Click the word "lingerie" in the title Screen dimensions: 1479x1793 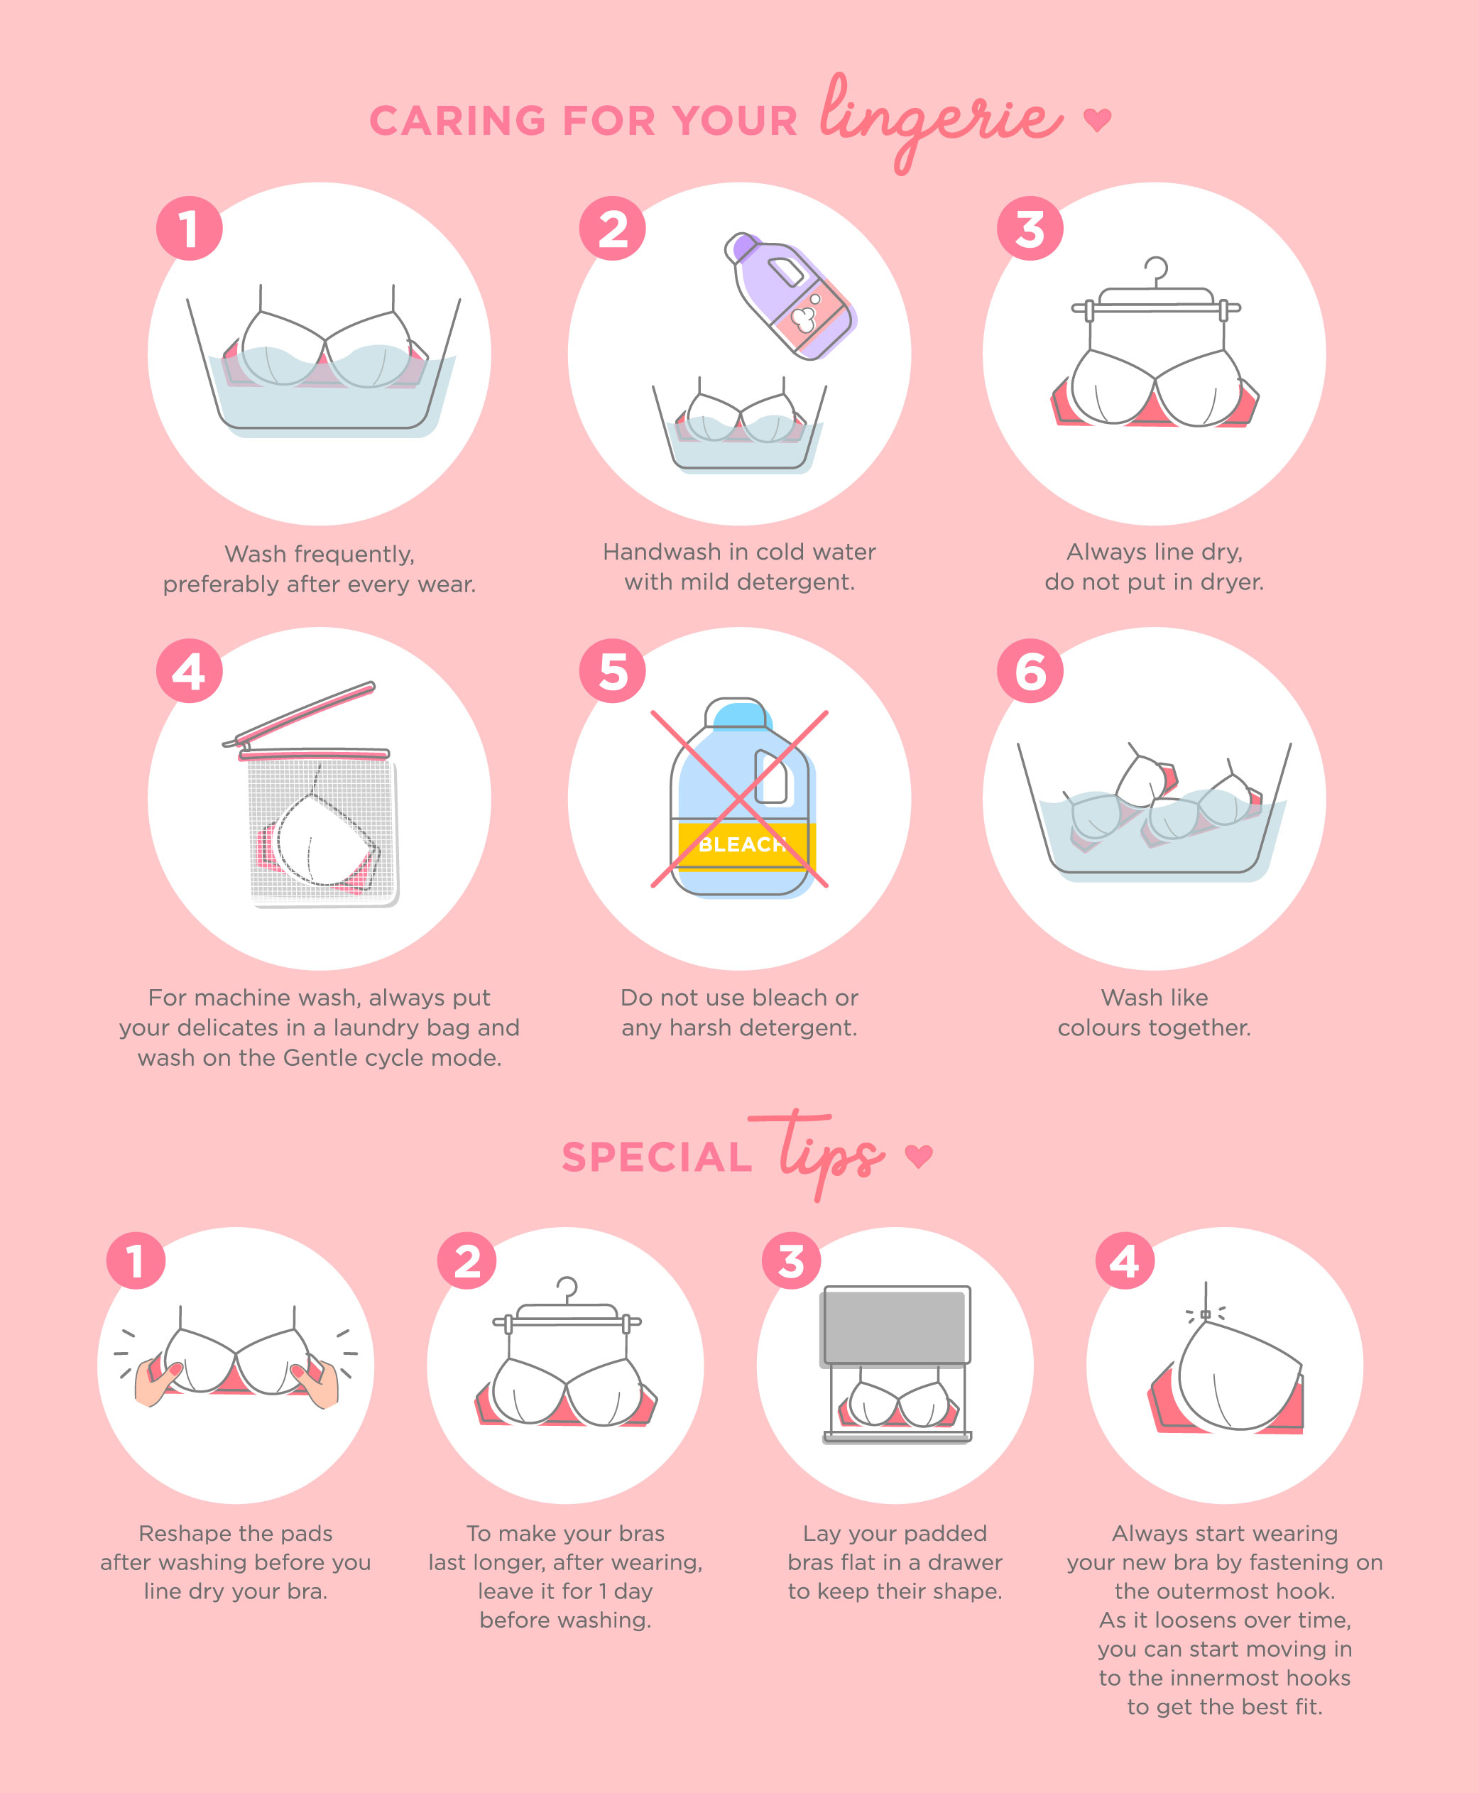(x=941, y=119)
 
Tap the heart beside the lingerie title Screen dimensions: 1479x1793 (x=1097, y=120)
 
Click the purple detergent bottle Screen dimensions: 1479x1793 (x=790, y=295)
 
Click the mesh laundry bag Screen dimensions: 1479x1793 (x=322, y=830)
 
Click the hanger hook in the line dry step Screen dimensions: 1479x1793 (x=1156, y=271)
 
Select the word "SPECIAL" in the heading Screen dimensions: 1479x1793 (x=657, y=1157)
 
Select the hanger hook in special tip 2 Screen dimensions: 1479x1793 (x=567, y=1290)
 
